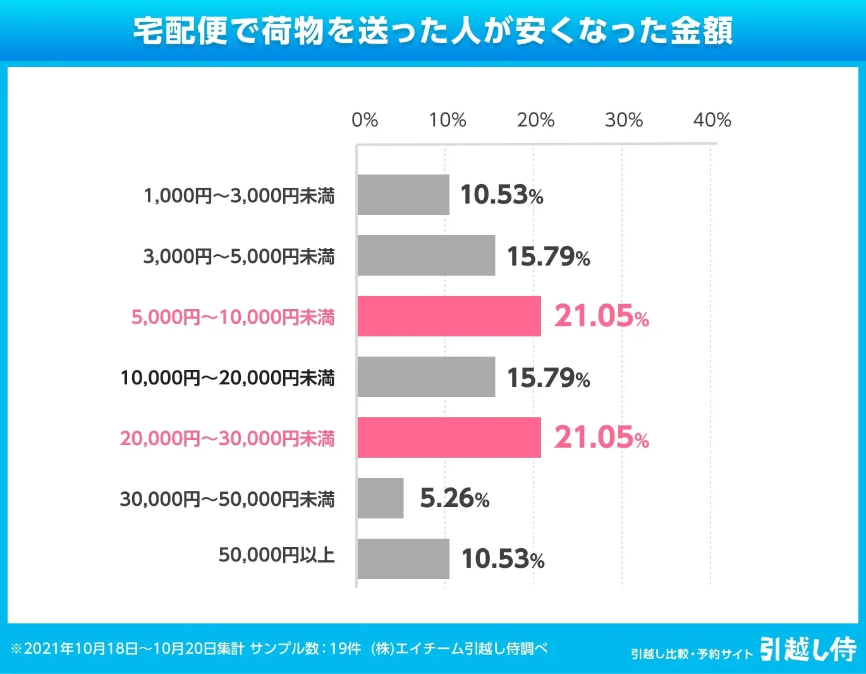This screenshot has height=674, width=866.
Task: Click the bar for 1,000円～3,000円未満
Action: [403, 195]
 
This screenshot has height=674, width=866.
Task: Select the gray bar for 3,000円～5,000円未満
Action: [426, 255]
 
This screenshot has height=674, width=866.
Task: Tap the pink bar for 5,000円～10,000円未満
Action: [449, 316]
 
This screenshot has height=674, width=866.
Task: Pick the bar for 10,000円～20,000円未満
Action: [426, 377]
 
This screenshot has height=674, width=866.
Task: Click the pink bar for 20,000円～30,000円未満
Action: [449, 438]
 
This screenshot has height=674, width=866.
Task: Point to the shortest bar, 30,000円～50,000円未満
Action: [381, 498]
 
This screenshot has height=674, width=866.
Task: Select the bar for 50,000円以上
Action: [403, 559]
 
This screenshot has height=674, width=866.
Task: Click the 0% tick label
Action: [365, 120]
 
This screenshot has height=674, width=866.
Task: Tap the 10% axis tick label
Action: [448, 120]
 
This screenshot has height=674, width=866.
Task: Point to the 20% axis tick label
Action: [535, 120]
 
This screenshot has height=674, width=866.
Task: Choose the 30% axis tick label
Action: [624, 120]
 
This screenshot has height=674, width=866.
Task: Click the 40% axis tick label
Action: [712, 120]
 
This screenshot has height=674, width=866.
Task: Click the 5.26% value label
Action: [454, 499]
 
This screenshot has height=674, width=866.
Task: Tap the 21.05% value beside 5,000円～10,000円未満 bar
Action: [601, 316]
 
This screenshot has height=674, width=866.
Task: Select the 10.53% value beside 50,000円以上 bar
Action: [503, 560]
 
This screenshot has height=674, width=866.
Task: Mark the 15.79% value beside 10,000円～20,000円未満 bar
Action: [548, 378]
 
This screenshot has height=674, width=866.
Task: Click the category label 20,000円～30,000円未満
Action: [227, 438]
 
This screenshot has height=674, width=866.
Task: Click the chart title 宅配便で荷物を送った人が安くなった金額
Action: [433, 30]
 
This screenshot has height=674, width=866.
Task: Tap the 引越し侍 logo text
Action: [808, 649]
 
